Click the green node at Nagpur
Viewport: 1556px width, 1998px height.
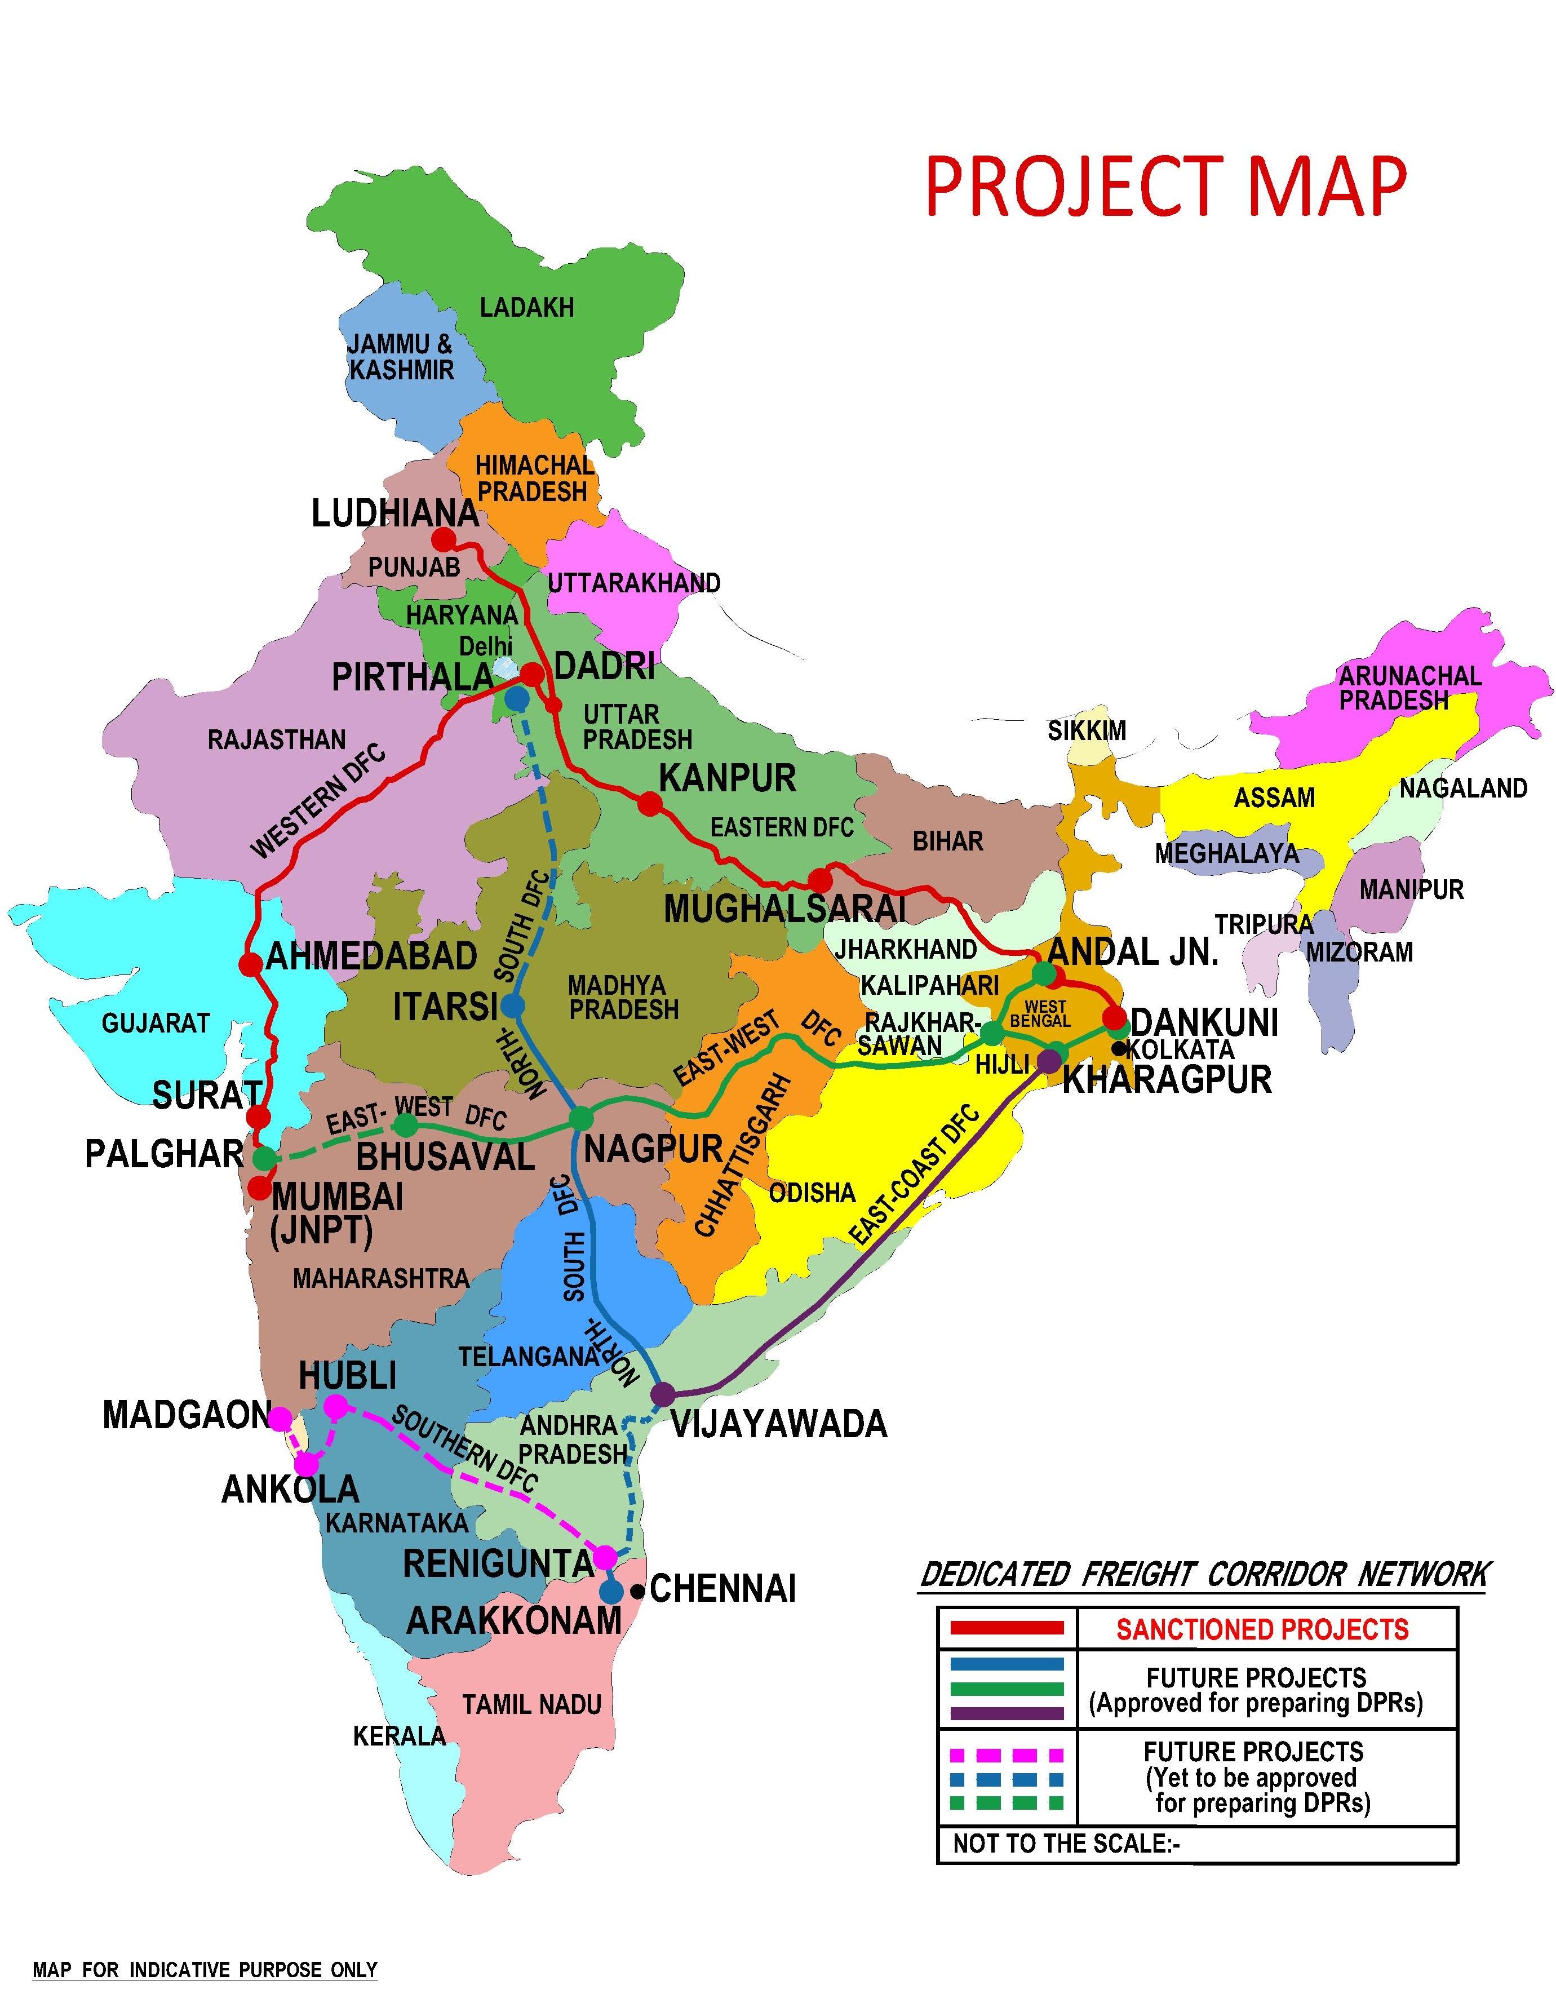(x=582, y=1118)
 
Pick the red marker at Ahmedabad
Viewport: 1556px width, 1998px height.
(x=249, y=964)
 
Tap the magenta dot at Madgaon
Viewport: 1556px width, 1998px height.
(x=281, y=1419)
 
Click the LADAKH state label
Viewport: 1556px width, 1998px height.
(x=527, y=307)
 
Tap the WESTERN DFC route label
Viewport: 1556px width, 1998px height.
(x=318, y=803)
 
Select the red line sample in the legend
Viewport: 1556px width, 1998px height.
(x=1007, y=1628)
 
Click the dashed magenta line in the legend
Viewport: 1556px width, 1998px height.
(x=1007, y=1755)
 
